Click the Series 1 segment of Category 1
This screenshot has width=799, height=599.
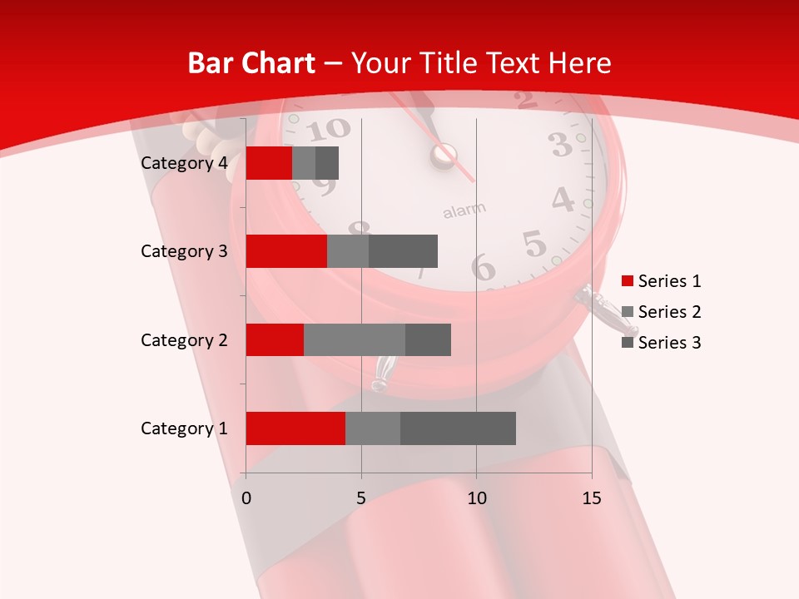(x=295, y=428)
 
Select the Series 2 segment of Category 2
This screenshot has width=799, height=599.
(x=355, y=339)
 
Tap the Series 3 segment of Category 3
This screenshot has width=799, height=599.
(x=403, y=251)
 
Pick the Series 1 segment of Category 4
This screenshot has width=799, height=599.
(x=269, y=163)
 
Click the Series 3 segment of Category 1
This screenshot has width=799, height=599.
(x=458, y=428)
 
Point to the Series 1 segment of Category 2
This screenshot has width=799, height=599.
(x=275, y=339)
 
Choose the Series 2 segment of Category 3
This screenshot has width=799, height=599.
(x=348, y=251)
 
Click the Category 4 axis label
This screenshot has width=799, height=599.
(x=184, y=163)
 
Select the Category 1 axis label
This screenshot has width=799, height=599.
(x=184, y=428)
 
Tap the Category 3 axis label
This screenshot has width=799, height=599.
(x=184, y=251)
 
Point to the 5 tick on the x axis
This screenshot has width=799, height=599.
(x=361, y=498)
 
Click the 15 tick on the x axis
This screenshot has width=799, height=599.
(x=592, y=498)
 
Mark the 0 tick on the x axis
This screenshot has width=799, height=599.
(x=246, y=498)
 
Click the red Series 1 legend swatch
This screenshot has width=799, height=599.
(x=628, y=281)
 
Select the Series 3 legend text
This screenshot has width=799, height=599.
(x=670, y=343)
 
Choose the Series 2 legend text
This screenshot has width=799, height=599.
(x=670, y=312)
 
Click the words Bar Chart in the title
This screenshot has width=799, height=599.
(x=251, y=63)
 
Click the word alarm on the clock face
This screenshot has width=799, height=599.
(x=464, y=211)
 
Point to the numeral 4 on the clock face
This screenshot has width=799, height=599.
(x=563, y=200)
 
